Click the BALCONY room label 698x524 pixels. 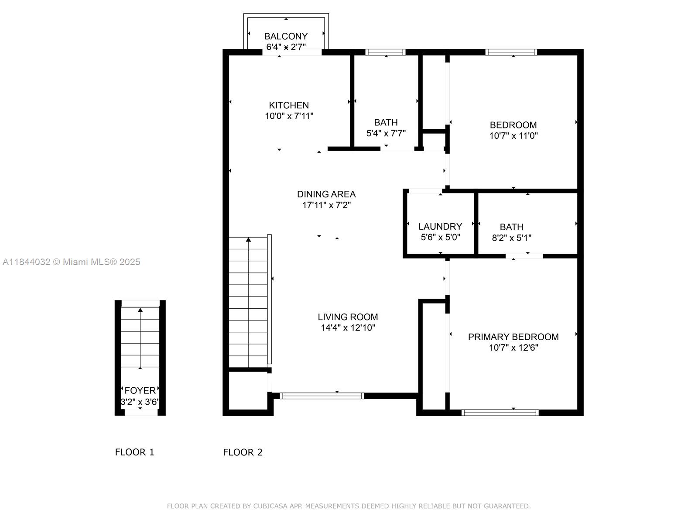click(286, 36)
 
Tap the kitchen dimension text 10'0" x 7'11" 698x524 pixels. click(289, 116)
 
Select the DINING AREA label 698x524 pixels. click(326, 194)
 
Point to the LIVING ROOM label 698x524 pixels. click(348, 317)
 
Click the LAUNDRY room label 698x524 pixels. click(440, 227)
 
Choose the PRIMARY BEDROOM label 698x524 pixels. click(513, 337)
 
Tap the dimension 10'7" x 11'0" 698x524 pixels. click(513, 136)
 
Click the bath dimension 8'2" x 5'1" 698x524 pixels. click(512, 238)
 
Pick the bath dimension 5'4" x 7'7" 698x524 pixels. click(386, 133)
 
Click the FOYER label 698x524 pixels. click(140, 390)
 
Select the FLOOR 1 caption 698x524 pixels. click(134, 452)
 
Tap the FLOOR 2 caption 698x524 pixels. click(243, 452)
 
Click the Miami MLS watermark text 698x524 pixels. click(71, 262)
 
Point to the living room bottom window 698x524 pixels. click(322, 396)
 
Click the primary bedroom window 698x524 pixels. click(500, 413)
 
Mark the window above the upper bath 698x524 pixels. click(385, 52)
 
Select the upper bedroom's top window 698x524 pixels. click(511, 52)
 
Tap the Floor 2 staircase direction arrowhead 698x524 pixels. click(248, 240)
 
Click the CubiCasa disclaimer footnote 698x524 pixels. click(349, 506)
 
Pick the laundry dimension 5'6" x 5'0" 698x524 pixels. click(441, 238)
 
